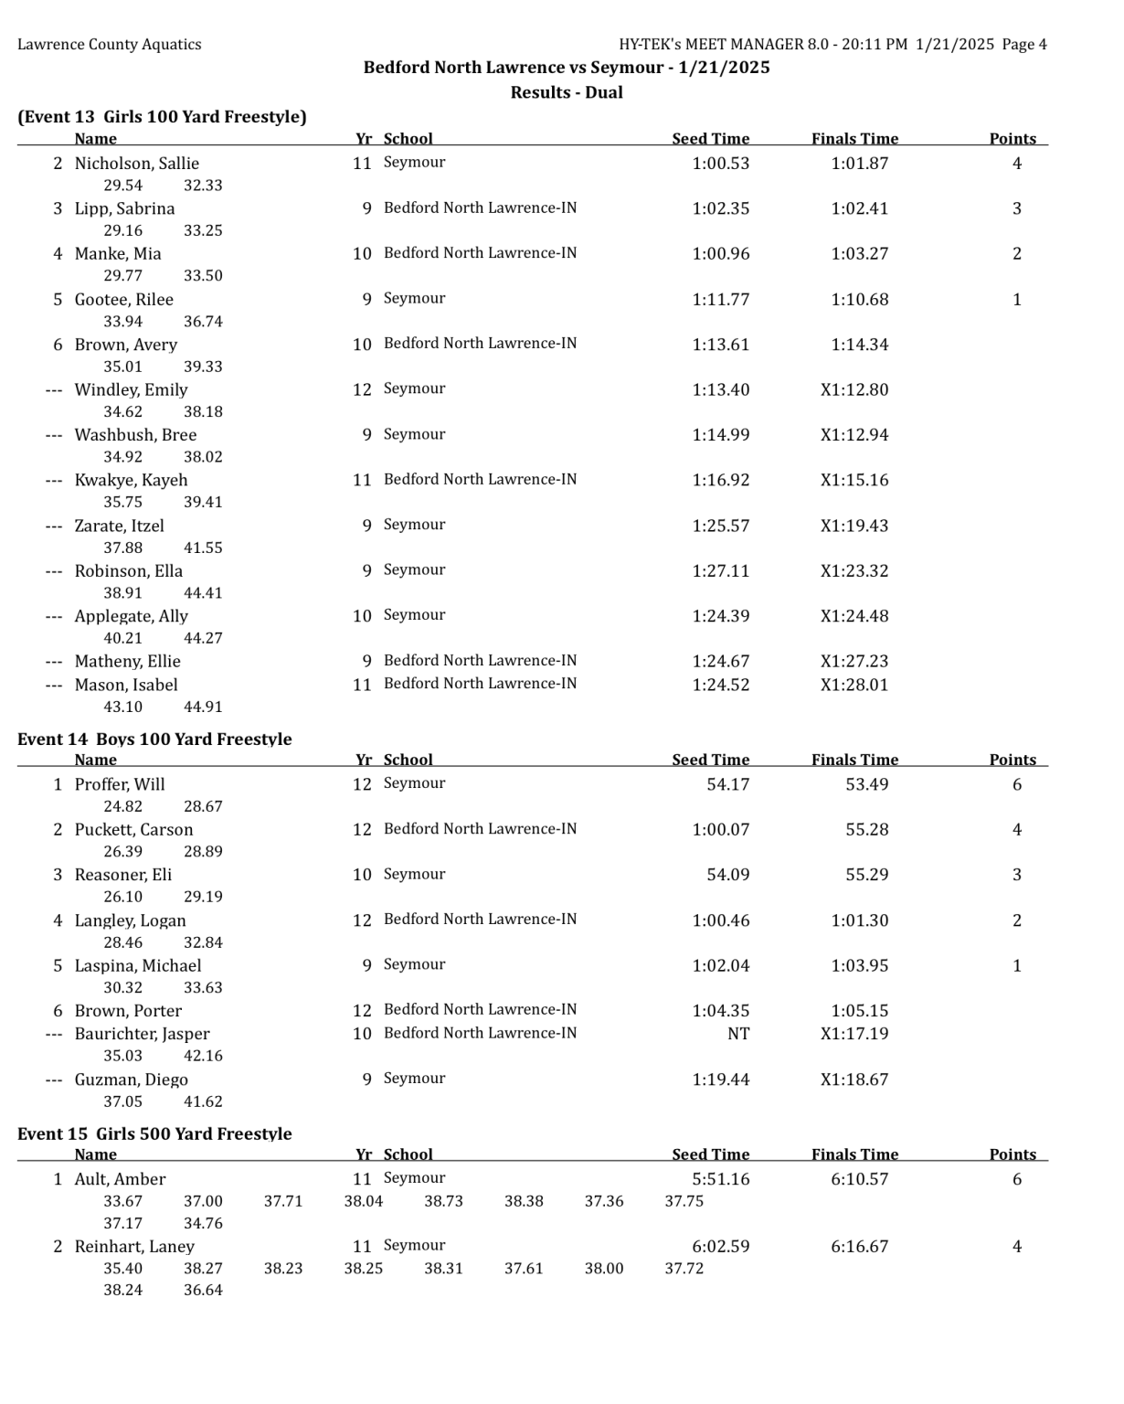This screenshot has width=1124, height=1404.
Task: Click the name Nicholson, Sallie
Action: [136, 164]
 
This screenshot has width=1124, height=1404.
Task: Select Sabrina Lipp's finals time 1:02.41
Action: [859, 208]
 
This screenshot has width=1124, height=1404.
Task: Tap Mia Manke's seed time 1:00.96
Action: [720, 254]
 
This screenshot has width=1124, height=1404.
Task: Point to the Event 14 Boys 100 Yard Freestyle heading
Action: [154, 739]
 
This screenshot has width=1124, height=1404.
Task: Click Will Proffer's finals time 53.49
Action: [866, 784]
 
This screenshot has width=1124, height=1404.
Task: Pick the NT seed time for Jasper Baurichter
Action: [737, 1034]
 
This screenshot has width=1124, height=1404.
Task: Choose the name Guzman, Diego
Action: [131, 1080]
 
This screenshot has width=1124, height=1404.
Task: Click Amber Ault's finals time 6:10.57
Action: [859, 1179]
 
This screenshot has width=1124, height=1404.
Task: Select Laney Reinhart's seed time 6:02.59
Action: [720, 1246]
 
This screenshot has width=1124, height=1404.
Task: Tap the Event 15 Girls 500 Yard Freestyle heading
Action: [154, 1134]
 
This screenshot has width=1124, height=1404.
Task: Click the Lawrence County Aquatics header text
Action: [110, 45]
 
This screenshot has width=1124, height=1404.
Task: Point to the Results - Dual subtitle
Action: [567, 92]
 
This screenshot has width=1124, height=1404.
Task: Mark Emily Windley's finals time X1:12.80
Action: [854, 389]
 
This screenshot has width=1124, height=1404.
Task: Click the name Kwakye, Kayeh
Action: [131, 480]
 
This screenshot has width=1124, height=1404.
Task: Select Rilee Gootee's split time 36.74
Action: [203, 322]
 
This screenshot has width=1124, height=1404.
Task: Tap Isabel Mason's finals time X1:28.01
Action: [854, 685]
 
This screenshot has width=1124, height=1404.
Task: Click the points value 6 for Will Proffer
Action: [1016, 784]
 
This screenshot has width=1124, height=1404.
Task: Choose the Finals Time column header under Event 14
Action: [854, 760]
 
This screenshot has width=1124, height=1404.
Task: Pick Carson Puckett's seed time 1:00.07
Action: [720, 830]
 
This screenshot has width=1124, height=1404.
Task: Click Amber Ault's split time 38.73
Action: [443, 1201]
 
